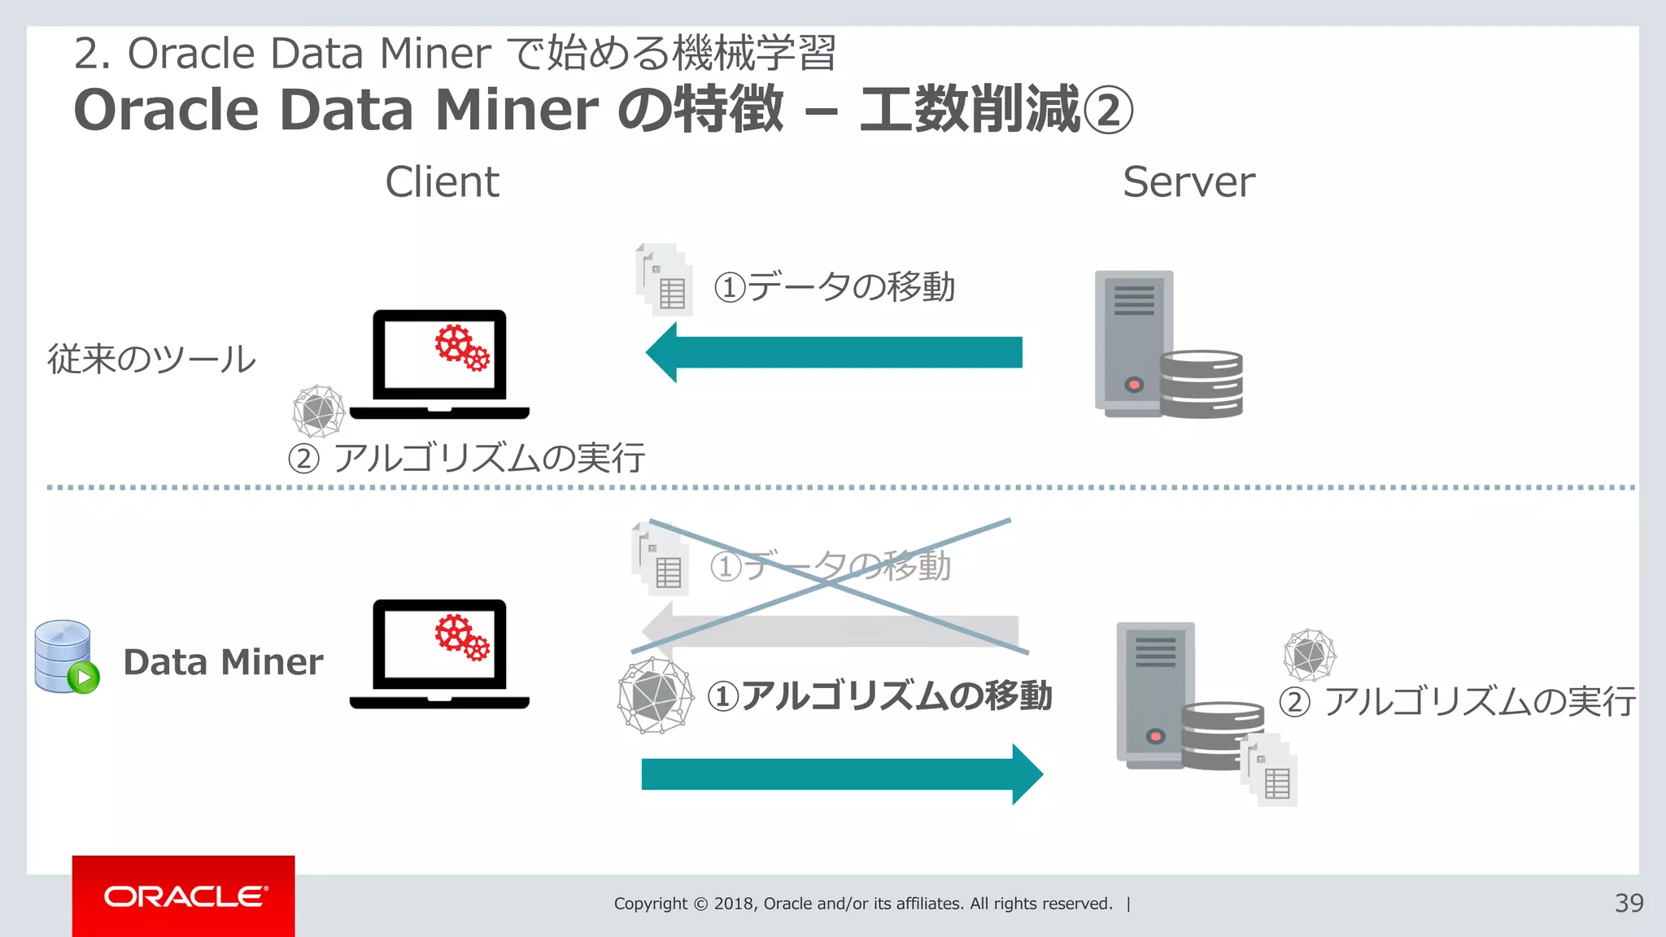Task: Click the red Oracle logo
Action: tap(184, 896)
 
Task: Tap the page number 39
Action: tap(1629, 903)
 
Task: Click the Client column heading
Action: tap(442, 181)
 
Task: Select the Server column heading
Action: tap(1188, 181)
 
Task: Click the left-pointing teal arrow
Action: tap(834, 352)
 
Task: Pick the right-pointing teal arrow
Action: tap(842, 774)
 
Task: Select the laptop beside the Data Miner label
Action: tap(439, 655)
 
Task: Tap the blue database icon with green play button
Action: tap(66, 657)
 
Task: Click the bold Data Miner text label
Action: tap(223, 662)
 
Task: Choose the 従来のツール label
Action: tap(152, 359)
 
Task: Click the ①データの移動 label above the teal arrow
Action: tap(835, 286)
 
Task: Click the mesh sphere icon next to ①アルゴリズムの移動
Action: tap(656, 696)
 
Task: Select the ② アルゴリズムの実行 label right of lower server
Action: tap(1457, 701)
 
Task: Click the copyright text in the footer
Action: tap(863, 904)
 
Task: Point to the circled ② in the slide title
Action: tap(1108, 111)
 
